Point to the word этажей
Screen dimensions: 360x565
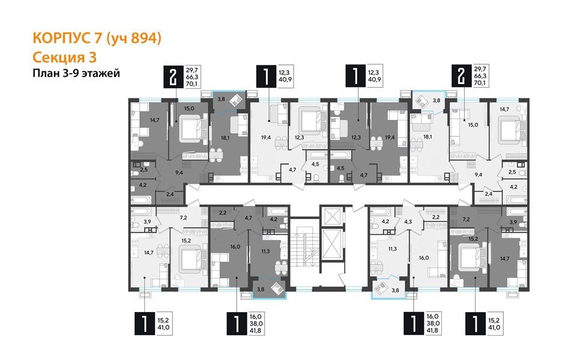(101, 74)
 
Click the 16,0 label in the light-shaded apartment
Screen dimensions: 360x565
(423, 257)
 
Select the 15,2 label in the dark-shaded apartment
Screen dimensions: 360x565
(474, 239)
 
